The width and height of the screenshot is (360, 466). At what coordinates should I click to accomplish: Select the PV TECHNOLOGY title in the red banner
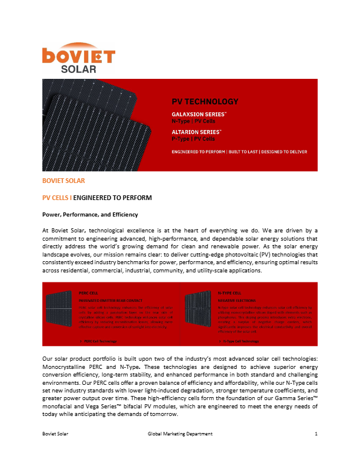(205, 102)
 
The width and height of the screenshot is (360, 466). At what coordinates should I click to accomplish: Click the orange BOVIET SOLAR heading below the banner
(60, 181)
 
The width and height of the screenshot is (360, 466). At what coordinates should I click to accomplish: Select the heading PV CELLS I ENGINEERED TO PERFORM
(98, 197)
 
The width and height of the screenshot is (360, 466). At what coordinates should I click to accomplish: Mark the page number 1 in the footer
(316, 434)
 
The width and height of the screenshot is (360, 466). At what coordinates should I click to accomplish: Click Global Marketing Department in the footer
(179, 434)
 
